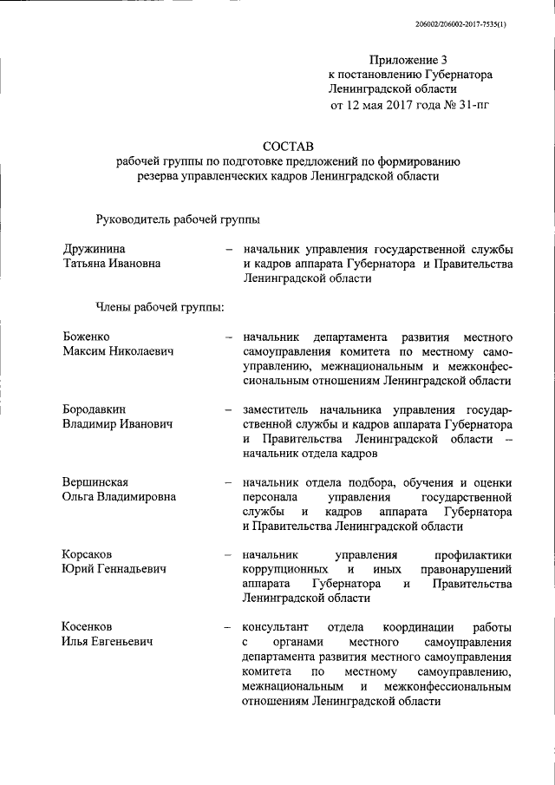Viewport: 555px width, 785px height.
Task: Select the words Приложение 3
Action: coord(410,60)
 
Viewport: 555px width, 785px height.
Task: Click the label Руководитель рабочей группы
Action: coord(177,219)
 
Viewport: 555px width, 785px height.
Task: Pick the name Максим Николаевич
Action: coord(118,351)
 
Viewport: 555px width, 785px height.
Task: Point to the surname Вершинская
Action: coord(96,482)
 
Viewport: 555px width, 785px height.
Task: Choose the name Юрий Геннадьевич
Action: coord(114,569)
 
